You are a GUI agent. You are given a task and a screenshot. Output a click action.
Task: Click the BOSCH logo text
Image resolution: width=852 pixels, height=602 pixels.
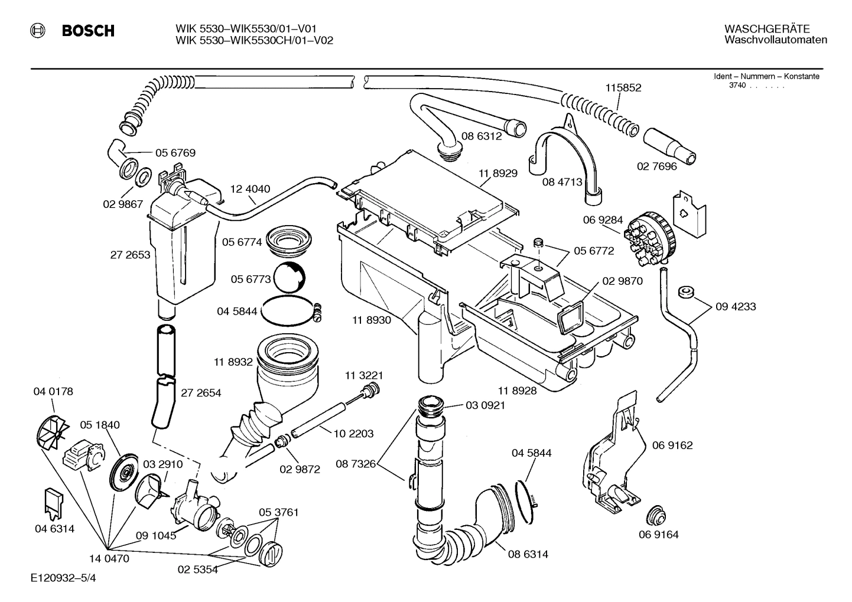click(x=88, y=31)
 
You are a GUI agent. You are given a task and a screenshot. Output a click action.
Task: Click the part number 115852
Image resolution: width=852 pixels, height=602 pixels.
click(x=623, y=88)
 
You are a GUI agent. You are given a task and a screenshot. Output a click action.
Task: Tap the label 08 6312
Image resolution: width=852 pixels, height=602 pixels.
click(x=482, y=136)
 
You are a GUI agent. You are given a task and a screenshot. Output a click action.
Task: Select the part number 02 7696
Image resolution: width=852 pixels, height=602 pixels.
click(x=656, y=166)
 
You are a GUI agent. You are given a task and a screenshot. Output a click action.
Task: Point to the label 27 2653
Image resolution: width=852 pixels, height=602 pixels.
click(x=130, y=255)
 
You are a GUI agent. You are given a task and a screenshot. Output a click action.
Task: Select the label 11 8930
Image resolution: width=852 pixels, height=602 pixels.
click(x=372, y=320)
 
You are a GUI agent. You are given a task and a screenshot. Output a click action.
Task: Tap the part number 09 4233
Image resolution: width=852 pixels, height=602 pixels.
click(x=735, y=307)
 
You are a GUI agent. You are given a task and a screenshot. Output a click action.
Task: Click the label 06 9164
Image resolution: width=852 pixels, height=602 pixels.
click(x=658, y=535)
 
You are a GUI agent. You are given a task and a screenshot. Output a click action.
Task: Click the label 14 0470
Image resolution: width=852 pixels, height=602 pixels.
click(x=109, y=558)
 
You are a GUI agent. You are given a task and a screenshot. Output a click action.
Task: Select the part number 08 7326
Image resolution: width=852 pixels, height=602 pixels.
click(x=356, y=464)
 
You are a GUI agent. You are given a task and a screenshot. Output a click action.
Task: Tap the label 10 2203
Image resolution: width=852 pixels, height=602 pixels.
click(x=353, y=434)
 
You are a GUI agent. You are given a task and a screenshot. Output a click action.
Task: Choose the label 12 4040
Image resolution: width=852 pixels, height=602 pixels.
click(x=250, y=189)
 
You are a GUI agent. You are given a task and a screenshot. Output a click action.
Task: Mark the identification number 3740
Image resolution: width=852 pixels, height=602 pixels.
click(x=737, y=86)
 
